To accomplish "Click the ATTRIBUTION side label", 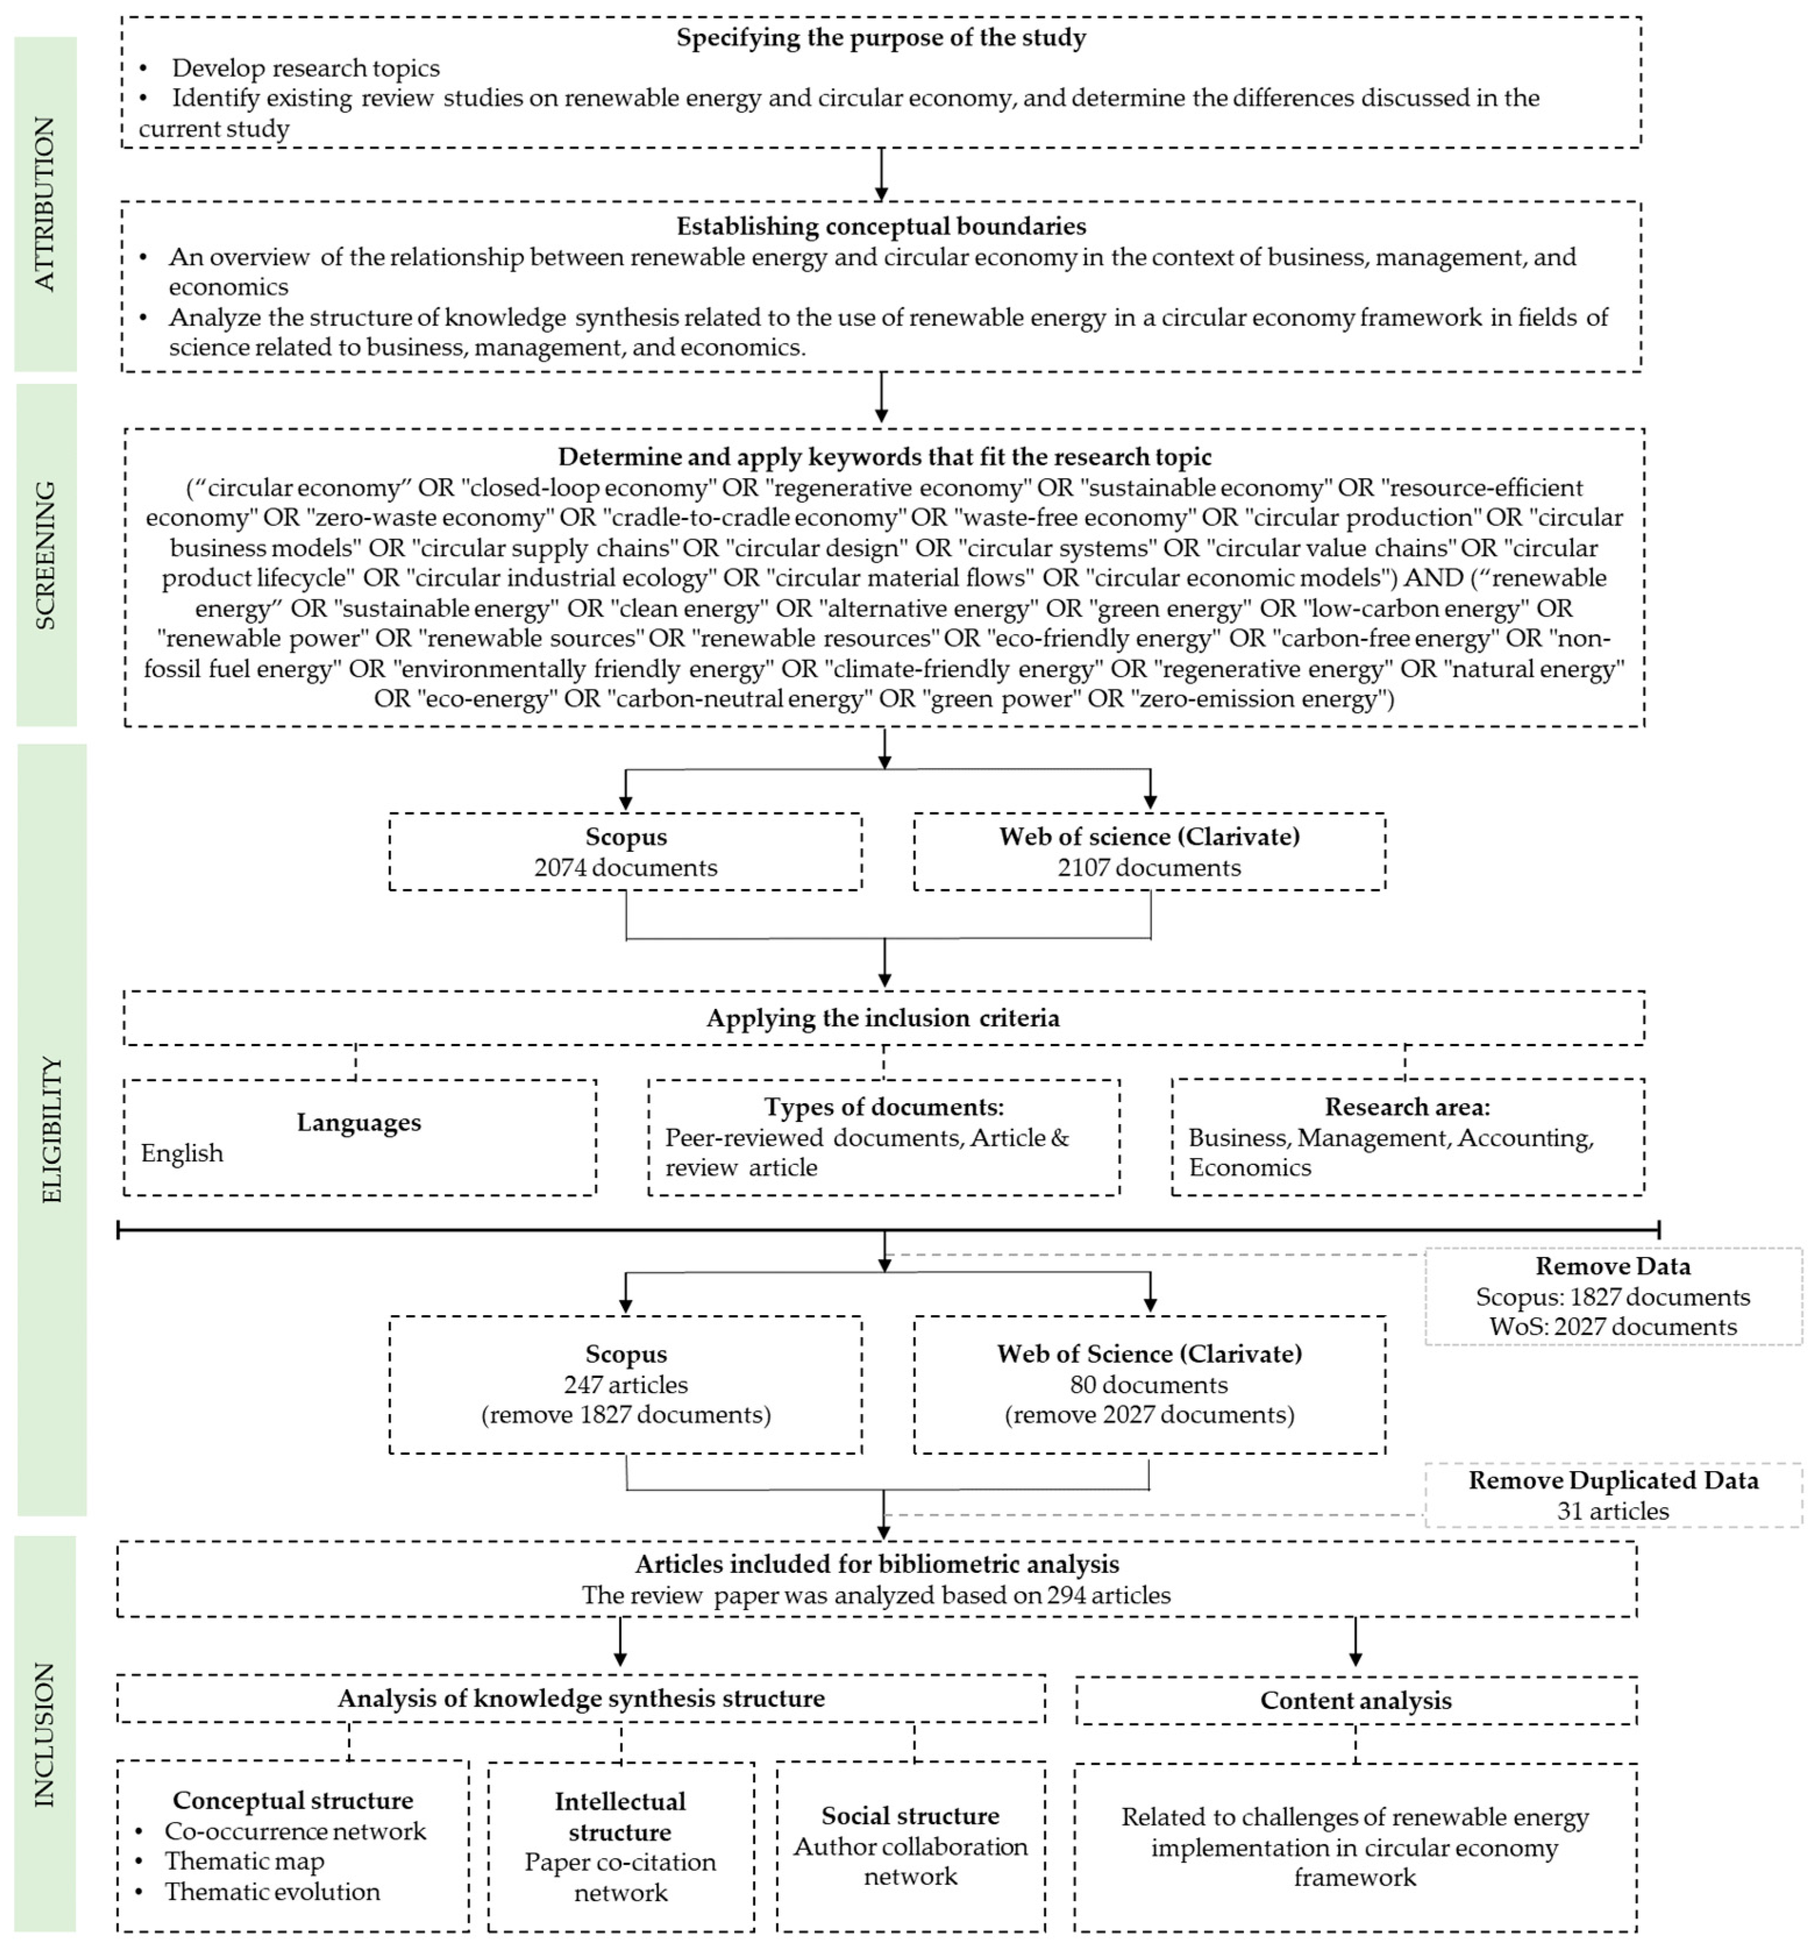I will click(45, 204).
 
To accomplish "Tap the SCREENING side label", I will click(45, 555).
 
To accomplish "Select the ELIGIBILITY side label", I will click(51, 1129).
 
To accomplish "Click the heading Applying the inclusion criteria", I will click(882, 1018).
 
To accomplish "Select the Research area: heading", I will click(1407, 1107).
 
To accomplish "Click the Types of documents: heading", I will click(883, 1107).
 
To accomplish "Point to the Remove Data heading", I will click(1612, 1266).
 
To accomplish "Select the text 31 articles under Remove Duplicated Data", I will click(1612, 1511).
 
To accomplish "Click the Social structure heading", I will click(910, 1815).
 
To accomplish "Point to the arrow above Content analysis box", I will click(1355, 1643).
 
